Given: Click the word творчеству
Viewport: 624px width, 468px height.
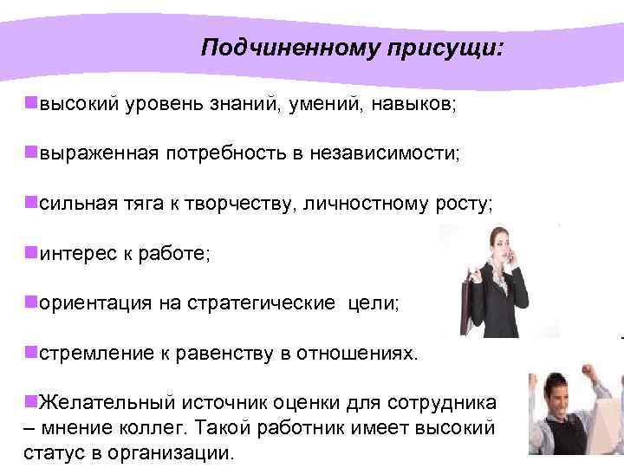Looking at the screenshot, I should tap(230, 204).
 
